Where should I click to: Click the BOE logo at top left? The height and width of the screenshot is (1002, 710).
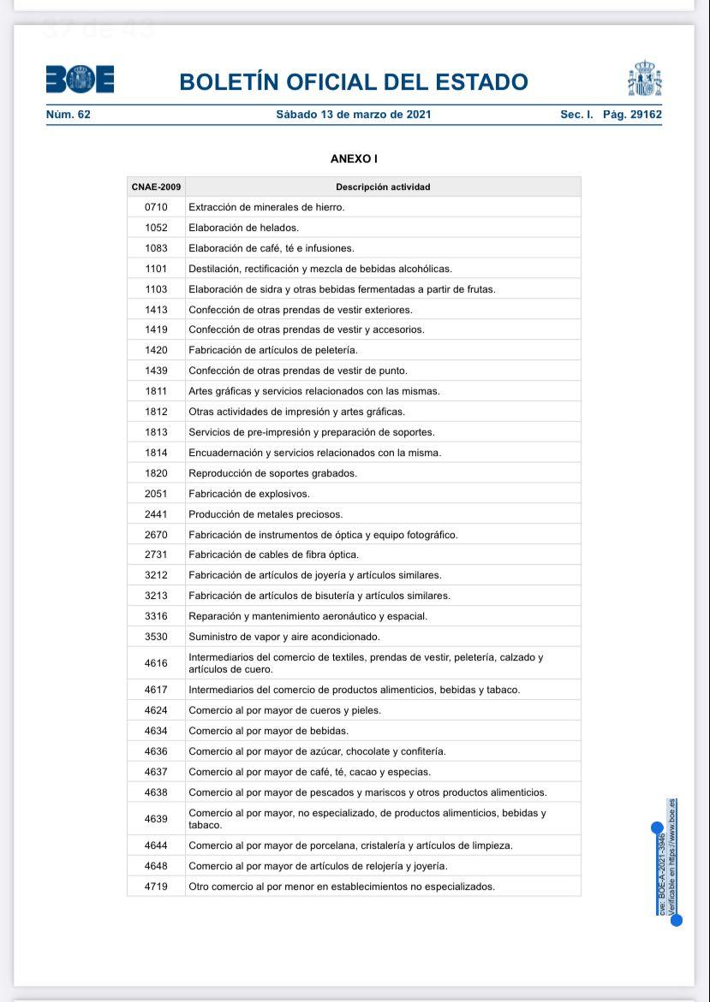(80, 80)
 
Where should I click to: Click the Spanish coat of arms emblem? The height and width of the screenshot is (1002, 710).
(644, 79)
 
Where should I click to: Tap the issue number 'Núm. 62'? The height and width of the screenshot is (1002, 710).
(68, 114)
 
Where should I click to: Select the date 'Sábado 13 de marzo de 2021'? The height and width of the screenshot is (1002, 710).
(353, 114)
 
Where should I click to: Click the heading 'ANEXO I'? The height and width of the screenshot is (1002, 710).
(354, 159)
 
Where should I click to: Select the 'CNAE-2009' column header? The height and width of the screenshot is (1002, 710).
(156, 187)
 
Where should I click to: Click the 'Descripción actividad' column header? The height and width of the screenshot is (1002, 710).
(383, 187)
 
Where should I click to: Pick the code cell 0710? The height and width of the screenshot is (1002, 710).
(156, 207)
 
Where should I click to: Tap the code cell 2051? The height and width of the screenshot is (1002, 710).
(156, 494)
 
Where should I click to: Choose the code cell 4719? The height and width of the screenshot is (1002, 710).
(156, 886)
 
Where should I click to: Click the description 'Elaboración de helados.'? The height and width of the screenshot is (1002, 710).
(243, 228)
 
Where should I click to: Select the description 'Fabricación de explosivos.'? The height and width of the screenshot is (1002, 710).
(248, 494)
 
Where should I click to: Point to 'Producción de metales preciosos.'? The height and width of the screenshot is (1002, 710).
(266, 514)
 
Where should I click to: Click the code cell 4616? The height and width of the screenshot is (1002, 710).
(156, 663)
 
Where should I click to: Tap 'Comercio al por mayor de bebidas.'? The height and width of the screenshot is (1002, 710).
(268, 731)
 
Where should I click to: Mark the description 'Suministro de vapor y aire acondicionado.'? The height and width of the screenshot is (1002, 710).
(283, 637)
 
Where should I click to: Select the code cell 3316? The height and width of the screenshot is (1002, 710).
(156, 616)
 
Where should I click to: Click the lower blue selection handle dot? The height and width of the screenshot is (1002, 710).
(676, 921)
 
